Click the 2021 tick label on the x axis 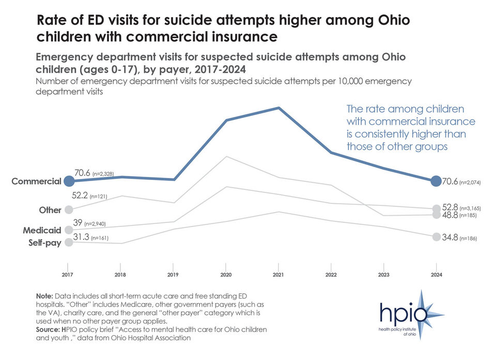[x=278, y=275]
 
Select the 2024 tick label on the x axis [x=436, y=275]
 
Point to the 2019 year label [x=173, y=275]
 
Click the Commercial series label [x=37, y=182]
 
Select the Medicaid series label [x=41, y=230]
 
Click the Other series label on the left [x=50, y=210]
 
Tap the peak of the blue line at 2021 [x=279, y=108]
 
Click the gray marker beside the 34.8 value [x=436, y=237]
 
